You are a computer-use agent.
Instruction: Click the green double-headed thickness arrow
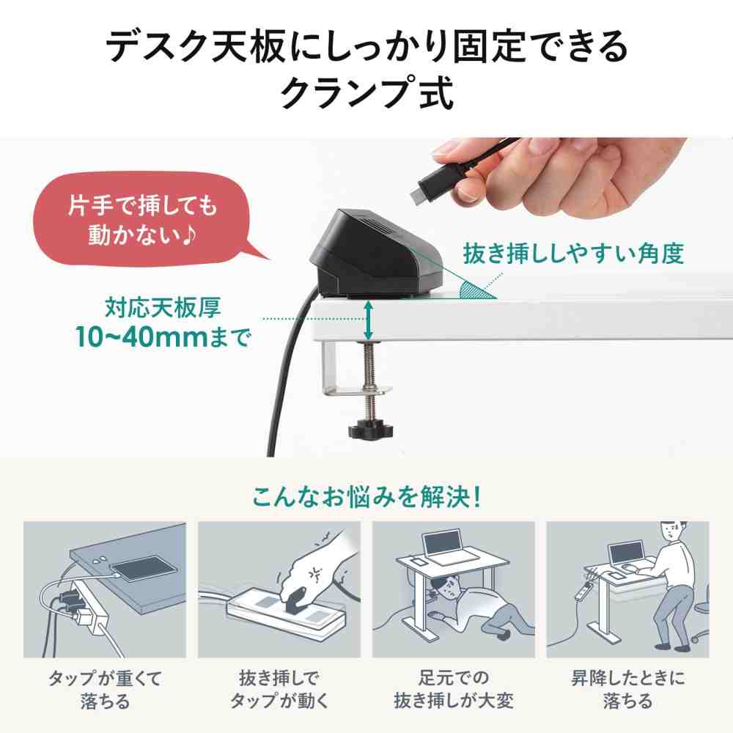pyautogui.click(x=368, y=323)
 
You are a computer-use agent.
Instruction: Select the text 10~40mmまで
pyautogui.click(x=162, y=336)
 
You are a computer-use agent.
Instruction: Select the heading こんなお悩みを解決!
pyautogui.click(x=366, y=498)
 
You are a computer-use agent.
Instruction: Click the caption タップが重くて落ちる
pyautogui.click(x=104, y=688)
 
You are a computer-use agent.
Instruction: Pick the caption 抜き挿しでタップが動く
pyautogui.click(x=279, y=688)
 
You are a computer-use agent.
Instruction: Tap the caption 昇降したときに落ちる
pyautogui.click(x=627, y=688)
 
